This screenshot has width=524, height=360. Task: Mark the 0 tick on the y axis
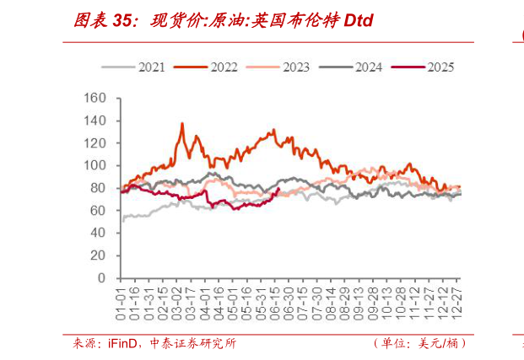pos(102,277)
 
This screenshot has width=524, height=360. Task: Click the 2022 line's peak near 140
pos(182,123)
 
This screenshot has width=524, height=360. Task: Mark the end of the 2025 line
pos(278,189)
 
